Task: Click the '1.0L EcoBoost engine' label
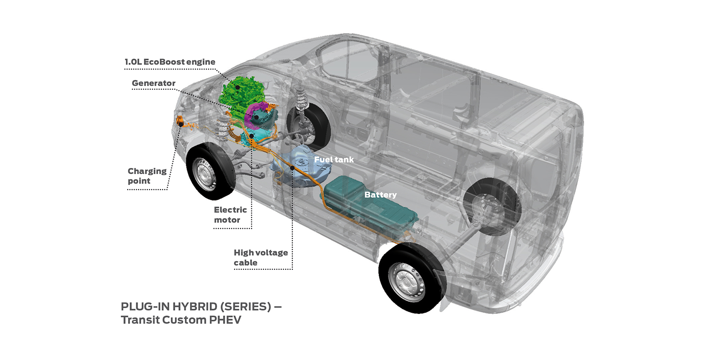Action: (x=170, y=62)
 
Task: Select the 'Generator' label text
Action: (x=154, y=83)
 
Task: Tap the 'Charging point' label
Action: (x=147, y=176)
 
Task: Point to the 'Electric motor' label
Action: (x=230, y=215)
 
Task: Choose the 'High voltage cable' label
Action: (x=261, y=257)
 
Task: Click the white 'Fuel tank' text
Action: (x=334, y=159)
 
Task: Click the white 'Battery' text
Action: (x=380, y=195)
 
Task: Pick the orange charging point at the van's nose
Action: (x=180, y=121)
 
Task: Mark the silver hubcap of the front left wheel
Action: (x=204, y=174)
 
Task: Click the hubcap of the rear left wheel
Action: (x=406, y=282)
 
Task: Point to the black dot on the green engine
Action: (x=238, y=87)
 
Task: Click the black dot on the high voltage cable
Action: (x=292, y=168)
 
